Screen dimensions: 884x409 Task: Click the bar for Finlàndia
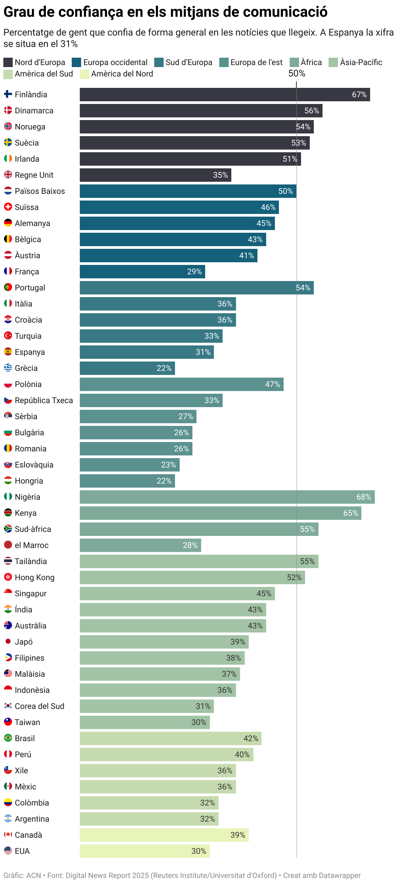(x=225, y=94)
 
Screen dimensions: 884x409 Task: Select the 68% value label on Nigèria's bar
(x=363, y=497)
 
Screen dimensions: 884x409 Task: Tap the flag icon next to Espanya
(x=8, y=352)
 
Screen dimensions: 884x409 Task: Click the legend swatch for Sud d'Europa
(x=159, y=62)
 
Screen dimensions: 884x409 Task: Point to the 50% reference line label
(x=296, y=73)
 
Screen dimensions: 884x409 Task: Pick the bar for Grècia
(x=127, y=368)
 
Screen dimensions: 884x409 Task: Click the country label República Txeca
(x=44, y=400)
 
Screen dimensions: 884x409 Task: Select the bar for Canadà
(x=164, y=835)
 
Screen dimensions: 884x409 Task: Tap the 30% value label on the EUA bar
(x=199, y=851)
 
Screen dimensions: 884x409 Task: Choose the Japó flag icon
(x=8, y=642)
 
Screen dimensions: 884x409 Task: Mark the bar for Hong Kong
(x=192, y=577)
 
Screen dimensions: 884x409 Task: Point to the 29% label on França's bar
(x=194, y=272)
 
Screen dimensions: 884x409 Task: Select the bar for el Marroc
(x=140, y=545)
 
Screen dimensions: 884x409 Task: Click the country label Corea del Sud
(x=40, y=706)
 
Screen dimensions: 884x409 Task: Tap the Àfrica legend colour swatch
(x=294, y=62)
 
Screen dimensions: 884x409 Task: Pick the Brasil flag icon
(x=8, y=738)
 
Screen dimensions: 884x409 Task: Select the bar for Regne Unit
(x=155, y=175)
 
